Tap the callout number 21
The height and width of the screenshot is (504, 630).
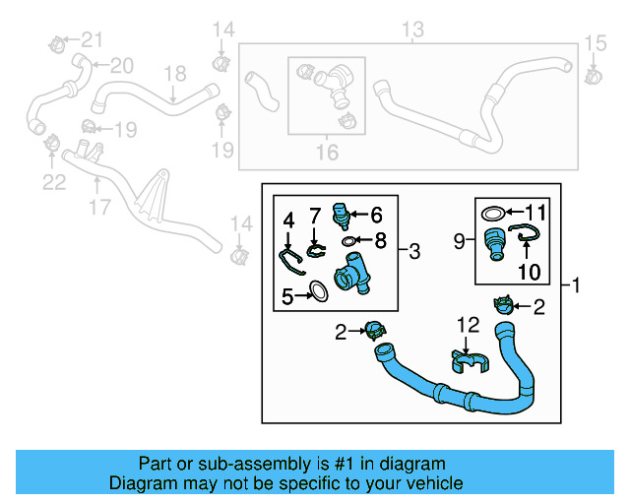[x=91, y=39]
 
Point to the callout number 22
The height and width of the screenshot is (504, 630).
[x=53, y=182]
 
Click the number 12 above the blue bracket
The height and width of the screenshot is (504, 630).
[x=467, y=324]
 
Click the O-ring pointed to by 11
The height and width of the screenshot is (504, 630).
[x=495, y=212]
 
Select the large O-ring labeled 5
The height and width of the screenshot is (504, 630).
[x=318, y=291]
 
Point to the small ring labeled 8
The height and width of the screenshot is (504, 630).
[x=349, y=239]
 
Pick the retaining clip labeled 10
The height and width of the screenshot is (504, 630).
[x=528, y=235]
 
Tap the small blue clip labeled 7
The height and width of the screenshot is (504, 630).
[x=314, y=249]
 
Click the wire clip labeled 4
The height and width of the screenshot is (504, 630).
[x=288, y=259]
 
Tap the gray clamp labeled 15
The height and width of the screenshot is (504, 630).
[x=595, y=73]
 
